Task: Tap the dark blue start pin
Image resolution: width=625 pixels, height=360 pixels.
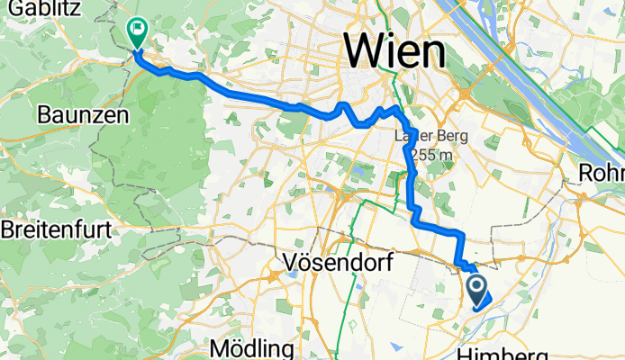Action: click(478, 290)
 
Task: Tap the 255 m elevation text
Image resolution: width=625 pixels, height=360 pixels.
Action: click(429, 155)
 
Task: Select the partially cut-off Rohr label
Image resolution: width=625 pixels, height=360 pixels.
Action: click(604, 171)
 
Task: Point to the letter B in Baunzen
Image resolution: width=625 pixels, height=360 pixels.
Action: click(43, 115)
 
